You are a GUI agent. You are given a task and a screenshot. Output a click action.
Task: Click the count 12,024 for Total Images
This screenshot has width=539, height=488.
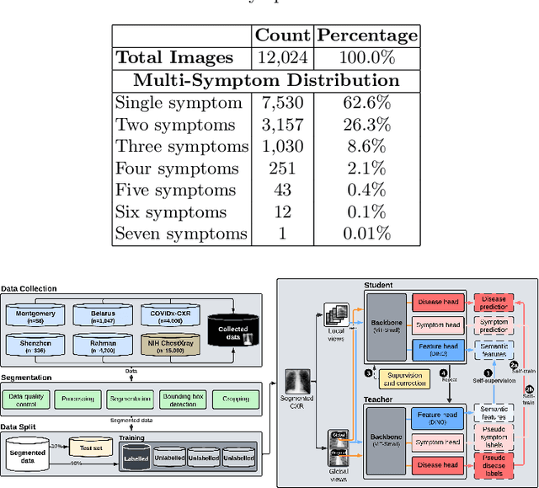point(282,58)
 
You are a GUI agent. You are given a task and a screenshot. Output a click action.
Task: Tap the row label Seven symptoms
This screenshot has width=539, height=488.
point(181,234)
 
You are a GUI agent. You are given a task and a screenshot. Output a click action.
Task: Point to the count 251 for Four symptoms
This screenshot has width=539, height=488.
point(282,169)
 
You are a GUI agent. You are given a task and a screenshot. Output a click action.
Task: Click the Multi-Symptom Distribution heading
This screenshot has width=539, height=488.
point(266,81)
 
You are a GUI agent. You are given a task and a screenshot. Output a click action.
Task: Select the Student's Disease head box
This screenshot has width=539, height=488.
point(436,301)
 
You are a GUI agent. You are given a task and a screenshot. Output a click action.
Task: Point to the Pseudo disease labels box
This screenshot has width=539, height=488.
point(494,464)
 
